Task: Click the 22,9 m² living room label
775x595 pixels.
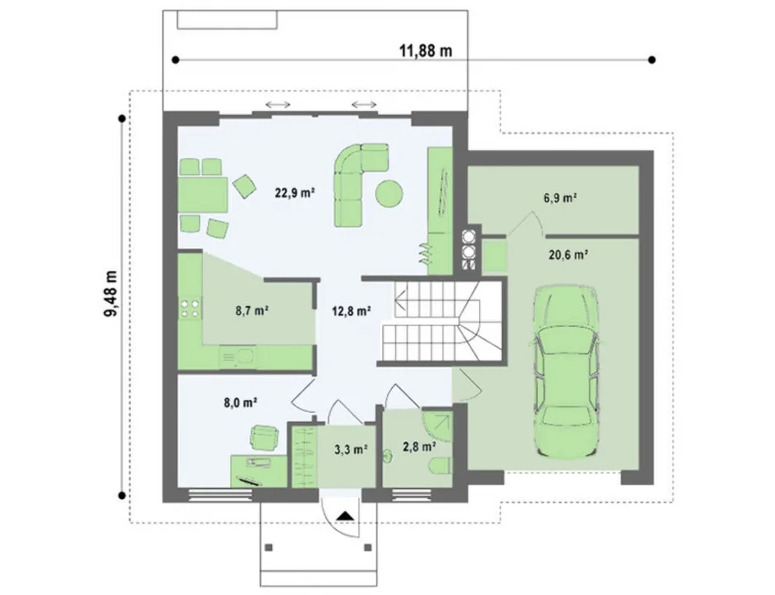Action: point(295,193)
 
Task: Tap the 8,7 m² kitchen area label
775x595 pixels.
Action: point(252,311)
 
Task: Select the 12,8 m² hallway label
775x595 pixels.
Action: point(351,311)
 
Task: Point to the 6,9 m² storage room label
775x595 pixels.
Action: point(561,198)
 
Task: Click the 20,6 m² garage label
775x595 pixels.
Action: point(568,255)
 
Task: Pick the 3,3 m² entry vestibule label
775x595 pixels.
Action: point(351,449)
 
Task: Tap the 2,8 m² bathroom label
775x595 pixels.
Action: point(419,447)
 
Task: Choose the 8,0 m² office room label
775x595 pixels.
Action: point(240,402)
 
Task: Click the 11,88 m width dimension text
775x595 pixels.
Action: point(425,50)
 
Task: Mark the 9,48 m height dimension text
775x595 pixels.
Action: point(112,294)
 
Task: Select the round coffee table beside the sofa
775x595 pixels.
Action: point(389,193)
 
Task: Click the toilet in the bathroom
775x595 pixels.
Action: point(439,466)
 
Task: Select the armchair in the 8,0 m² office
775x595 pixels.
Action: point(264,438)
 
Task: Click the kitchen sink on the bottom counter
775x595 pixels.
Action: point(238,356)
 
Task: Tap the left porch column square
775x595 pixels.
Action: point(269,548)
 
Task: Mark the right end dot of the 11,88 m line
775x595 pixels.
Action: point(652,60)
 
